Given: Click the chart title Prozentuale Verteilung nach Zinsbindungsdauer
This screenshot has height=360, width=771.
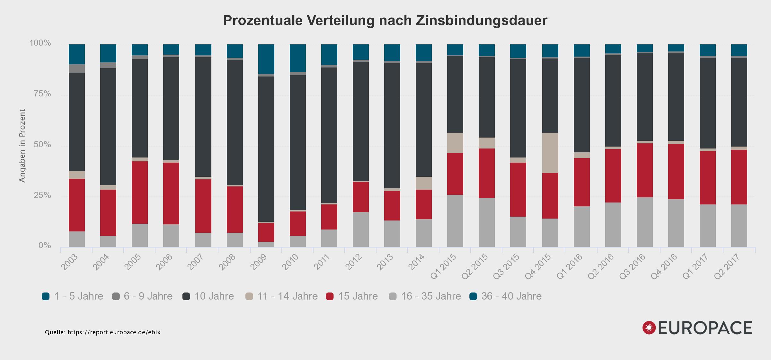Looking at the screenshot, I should (385, 21).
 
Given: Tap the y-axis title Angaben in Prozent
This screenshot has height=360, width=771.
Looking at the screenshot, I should (22, 146).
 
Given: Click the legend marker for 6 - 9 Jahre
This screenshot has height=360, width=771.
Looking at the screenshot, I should (116, 296).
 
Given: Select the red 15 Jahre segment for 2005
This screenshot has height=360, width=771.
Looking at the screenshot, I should (140, 192).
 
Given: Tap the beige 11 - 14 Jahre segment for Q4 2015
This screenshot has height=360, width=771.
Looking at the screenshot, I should (550, 153).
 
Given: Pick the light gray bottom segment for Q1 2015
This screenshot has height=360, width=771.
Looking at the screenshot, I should (455, 221).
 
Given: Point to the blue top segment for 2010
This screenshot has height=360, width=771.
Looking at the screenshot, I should (298, 58).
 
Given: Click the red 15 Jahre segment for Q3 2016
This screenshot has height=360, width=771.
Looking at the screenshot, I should (645, 170).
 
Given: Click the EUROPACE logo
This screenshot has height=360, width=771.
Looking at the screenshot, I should (697, 328).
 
